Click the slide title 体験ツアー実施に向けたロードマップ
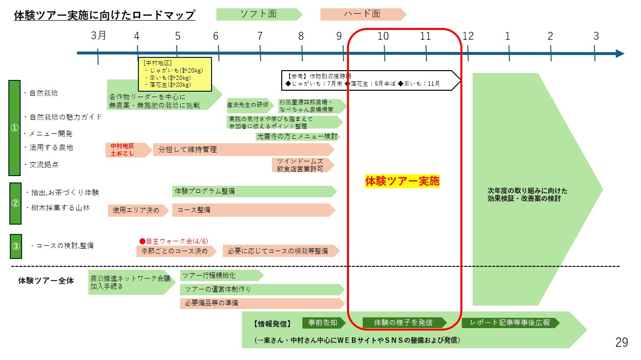click(105, 16)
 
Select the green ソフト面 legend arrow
click(259, 14)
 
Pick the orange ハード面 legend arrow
click(362, 14)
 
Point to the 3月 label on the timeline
click(98, 35)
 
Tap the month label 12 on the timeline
click(468, 36)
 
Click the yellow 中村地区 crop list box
click(174, 75)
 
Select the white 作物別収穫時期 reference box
click(371, 80)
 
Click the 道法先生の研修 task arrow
click(249, 105)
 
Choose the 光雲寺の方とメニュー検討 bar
click(298, 136)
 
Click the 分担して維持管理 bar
click(243, 150)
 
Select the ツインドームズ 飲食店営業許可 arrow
click(302, 165)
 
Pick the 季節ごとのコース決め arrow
click(176, 251)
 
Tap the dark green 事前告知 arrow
click(323, 323)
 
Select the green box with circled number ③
click(16, 246)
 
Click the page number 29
click(621, 342)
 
